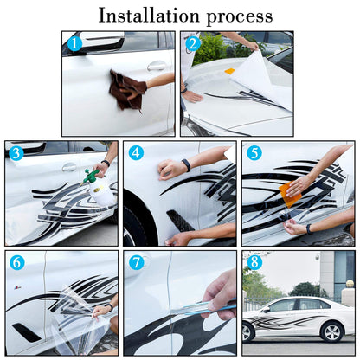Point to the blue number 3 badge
[16, 153]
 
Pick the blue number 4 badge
[136, 153]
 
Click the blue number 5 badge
[254, 153]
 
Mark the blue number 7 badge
[136, 262]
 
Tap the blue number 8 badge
[254, 262]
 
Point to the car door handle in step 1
[157, 66]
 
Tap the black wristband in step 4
[186, 165]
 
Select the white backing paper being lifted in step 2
[260, 74]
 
